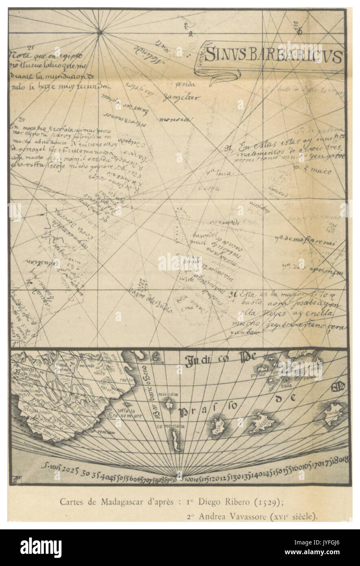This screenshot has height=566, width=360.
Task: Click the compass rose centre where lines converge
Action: [x=99, y=31]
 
